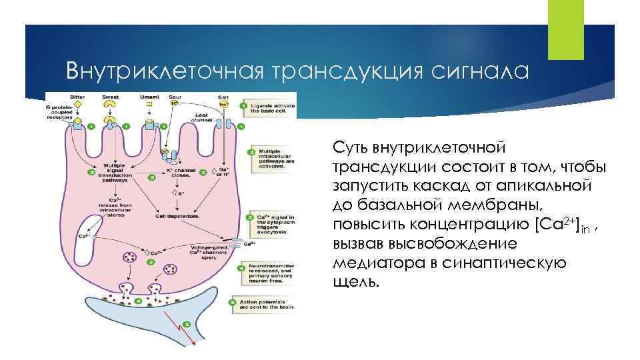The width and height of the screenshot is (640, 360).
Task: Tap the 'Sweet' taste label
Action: (111, 97)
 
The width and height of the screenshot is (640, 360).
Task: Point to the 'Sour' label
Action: (175, 97)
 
